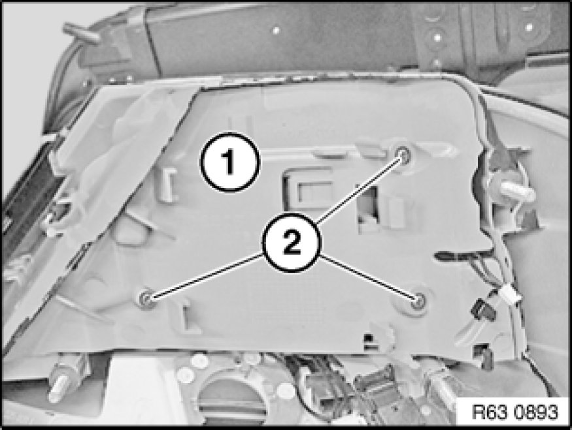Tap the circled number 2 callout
tap(291, 242)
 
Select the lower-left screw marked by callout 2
tap(146, 299)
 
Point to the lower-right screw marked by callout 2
tap(417, 299)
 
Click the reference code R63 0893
tap(514, 412)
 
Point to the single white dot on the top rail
tap(276, 30)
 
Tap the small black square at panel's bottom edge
tap(369, 337)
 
